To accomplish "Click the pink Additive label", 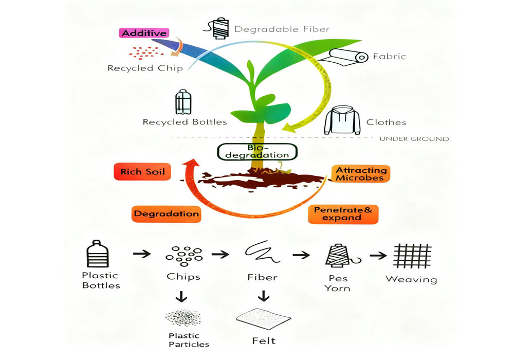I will (x=144, y=33).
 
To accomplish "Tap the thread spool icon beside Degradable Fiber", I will (x=219, y=28).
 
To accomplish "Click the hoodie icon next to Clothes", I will (x=342, y=120).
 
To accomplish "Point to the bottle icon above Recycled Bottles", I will (x=183, y=102).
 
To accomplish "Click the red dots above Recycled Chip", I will (x=146, y=52).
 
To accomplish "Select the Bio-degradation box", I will (x=257, y=152).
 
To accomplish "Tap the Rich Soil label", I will (x=142, y=172).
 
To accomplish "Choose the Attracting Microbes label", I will (x=360, y=174).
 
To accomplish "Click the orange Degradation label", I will (x=166, y=214).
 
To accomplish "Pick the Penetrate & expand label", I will (x=343, y=214).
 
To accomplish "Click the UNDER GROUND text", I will (x=414, y=139).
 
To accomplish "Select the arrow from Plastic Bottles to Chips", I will (x=142, y=254).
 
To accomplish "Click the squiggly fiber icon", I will (x=262, y=252).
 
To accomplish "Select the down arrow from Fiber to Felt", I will (x=264, y=296).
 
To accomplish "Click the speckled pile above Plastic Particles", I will (x=183, y=318).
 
